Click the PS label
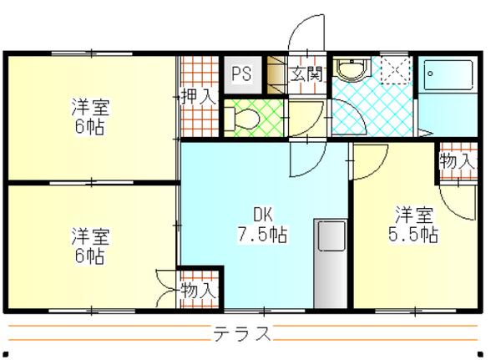coord(241,73)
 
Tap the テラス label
coord(241,334)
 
